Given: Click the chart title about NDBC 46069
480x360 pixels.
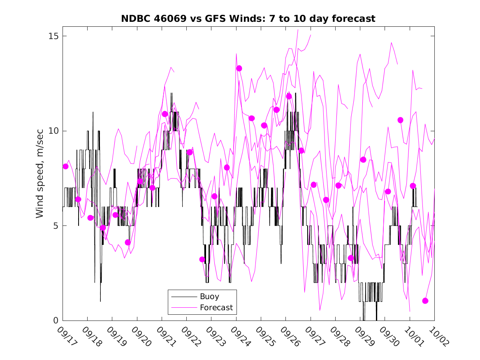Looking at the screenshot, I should [248, 19].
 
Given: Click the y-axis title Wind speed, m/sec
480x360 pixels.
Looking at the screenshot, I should [39, 178].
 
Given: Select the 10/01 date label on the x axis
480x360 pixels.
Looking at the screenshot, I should [412, 337].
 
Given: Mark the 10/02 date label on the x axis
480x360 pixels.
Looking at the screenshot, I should [437, 337].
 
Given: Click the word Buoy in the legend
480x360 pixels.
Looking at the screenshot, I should [209, 296].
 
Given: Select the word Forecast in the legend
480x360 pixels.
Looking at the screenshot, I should [216, 307].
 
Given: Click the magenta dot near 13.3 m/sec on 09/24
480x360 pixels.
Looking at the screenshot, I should [239, 68].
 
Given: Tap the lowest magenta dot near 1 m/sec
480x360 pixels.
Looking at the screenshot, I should [425, 301].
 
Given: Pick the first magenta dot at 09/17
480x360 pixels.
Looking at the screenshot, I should [65, 166].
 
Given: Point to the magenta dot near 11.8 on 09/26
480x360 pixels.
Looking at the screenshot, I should [289, 96].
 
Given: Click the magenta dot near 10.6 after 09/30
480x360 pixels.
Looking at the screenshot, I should [400, 120].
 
